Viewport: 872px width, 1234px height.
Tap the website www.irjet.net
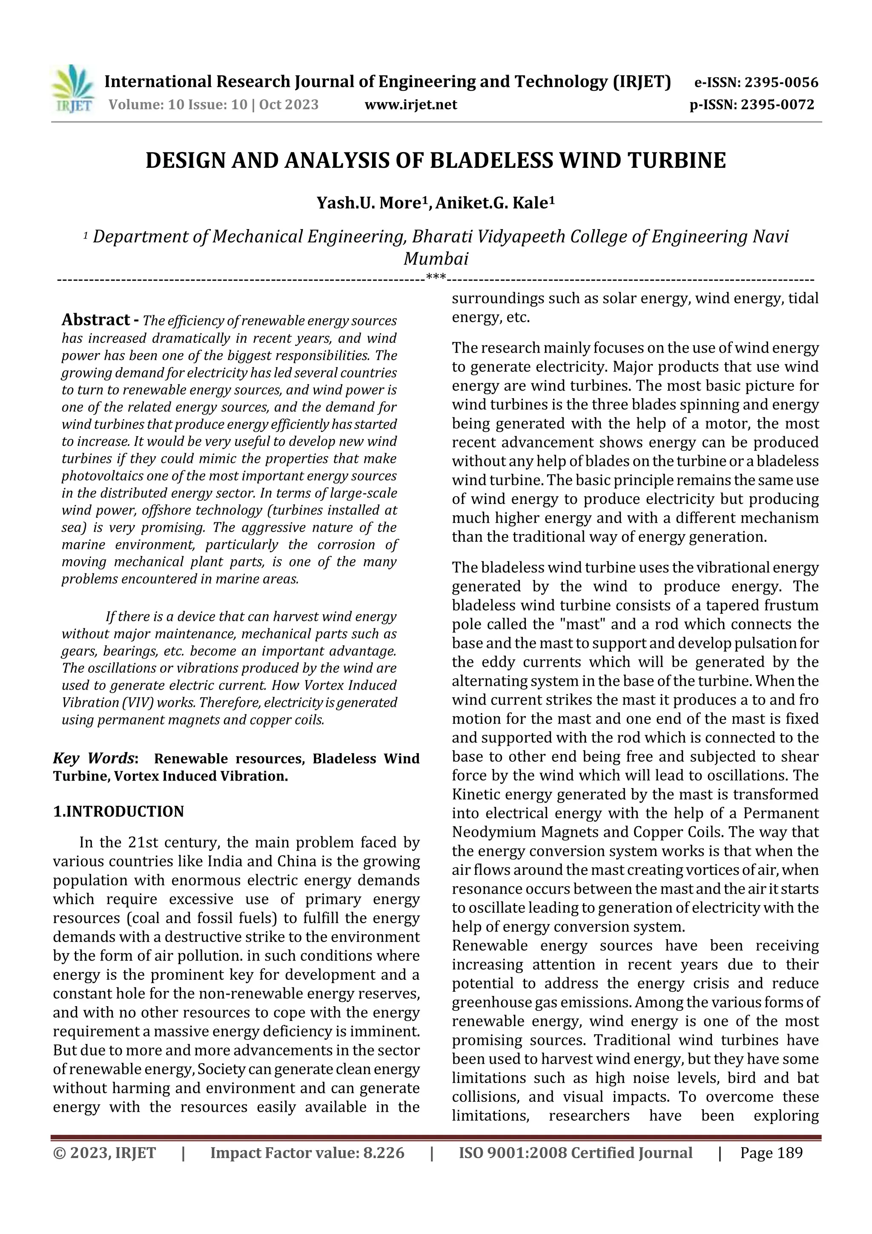[x=410, y=105]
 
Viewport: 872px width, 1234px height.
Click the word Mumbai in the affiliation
[x=436, y=259]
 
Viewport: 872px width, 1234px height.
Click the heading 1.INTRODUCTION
[x=118, y=811]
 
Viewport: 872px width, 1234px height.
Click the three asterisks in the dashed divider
[x=436, y=277]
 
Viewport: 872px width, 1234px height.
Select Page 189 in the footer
[x=771, y=1153]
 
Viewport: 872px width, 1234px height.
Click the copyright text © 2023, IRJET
[x=104, y=1153]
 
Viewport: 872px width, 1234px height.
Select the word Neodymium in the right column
[x=493, y=832]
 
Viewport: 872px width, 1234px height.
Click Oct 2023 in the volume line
[x=289, y=105]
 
